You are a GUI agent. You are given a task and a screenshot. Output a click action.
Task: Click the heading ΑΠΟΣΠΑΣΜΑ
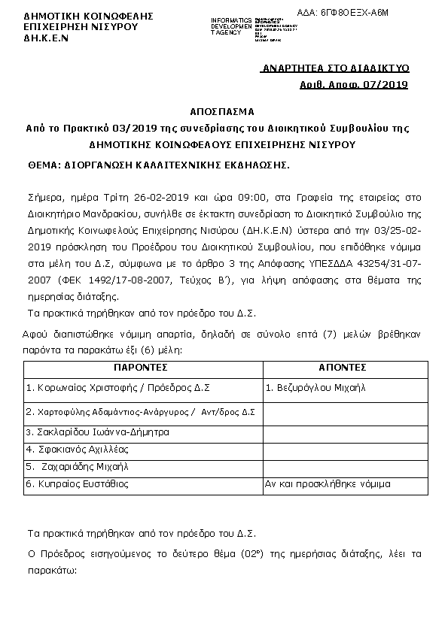pos(223,111)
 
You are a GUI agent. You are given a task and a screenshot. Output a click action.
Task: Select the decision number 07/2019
pos(384,85)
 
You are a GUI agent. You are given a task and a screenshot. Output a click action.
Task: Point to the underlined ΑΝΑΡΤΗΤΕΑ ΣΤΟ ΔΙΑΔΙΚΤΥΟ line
pos(334,68)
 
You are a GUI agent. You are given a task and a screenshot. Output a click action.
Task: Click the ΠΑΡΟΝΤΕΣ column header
pos(141,368)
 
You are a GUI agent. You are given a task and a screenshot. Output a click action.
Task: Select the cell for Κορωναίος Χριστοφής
pos(117,389)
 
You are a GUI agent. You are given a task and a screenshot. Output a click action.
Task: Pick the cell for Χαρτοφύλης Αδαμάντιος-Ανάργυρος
pos(140,412)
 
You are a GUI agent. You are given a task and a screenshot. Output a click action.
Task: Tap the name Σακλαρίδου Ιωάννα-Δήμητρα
pos(97,432)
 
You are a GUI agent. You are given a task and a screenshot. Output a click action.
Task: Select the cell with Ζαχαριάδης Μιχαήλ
pos(81,467)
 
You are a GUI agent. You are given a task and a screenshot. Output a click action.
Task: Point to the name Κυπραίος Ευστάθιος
pos(77,484)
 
